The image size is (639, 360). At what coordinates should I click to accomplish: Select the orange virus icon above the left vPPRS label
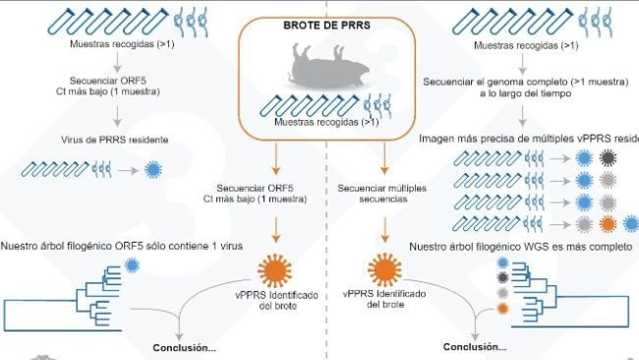click(274, 268)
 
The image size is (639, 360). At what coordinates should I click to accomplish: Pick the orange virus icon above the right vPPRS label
click(385, 268)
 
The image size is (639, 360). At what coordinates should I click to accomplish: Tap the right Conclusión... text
click(475, 347)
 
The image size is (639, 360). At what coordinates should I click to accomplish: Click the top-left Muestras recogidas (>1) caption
click(117, 45)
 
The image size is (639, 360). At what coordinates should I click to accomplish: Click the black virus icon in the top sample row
click(609, 157)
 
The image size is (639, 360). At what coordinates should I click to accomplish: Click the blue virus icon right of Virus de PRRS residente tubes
click(152, 169)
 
